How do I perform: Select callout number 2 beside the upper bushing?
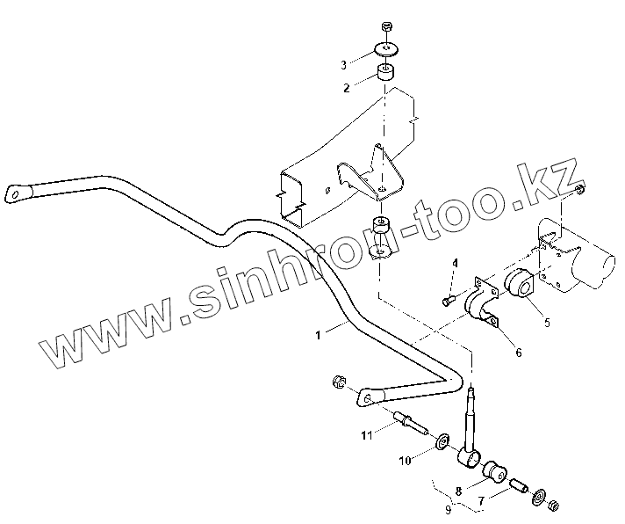click(347, 88)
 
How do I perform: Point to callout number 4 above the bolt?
click(456, 263)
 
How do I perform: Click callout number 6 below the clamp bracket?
click(518, 353)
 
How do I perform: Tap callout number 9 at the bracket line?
click(449, 508)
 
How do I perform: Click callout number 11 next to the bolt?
click(366, 434)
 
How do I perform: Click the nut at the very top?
click(387, 28)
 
